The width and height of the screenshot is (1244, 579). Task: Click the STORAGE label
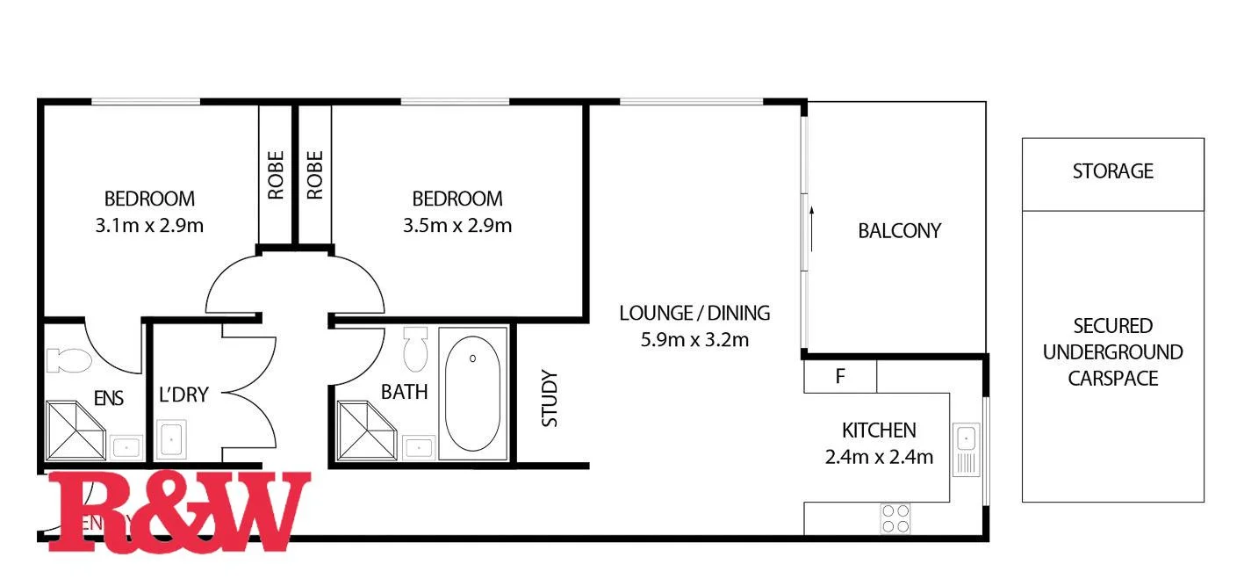(x=1112, y=171)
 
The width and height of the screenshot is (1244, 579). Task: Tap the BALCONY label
(x=899, y=231)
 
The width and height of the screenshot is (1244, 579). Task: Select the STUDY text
(x=550, y=399)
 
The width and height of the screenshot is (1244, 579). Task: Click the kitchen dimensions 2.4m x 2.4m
(x=879, y=457)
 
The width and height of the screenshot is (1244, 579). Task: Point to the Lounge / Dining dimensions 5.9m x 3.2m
(x=694, y=339)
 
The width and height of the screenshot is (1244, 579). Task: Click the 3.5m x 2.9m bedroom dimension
(x=457, y=226)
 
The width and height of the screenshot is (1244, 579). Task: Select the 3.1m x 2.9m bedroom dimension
(x=149, y=226)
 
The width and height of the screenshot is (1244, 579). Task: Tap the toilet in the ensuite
(x=68, y=360)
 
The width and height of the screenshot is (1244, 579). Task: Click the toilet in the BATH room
(x=415, y=349)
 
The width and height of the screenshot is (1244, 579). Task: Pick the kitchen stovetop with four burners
(x=895, y=517)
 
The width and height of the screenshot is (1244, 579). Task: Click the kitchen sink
(x=967, y=438)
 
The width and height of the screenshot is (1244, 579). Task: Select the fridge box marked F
(x=840, y=377)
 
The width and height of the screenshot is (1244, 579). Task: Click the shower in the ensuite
(x=76, y=431)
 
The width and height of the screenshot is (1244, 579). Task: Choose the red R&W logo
(x=179, y=511)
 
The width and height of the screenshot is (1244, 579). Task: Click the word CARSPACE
(x=1112, y=379)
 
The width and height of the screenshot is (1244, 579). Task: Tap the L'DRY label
(x=183, y=395)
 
